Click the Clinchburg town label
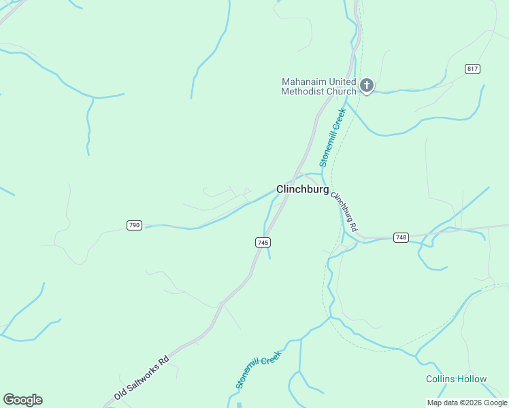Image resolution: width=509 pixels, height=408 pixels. pos(302,190)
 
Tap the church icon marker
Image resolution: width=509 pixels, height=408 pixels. pos(367,86)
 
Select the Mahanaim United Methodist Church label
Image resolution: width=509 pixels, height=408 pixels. pos(319,86)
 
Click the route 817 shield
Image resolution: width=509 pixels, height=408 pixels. pos(473,69)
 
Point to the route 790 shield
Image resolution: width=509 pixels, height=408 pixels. pos(134,225)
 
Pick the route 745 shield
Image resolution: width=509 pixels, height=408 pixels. pos(263,242)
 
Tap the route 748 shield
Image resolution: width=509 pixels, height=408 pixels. pos(401,237)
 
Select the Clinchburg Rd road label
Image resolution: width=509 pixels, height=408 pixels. pos(344,209)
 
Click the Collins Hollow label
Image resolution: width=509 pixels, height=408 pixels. pos(457,379)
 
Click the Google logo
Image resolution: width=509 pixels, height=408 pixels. pos(22,400)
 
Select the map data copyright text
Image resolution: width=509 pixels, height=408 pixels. pos(467,403)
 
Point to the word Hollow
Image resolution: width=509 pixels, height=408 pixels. pos(472,379)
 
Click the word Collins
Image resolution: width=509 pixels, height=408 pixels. pos(441,379)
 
